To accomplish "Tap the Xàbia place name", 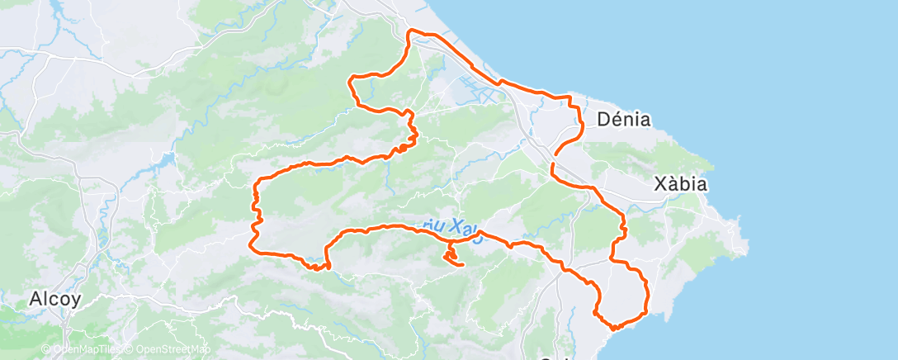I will tap(680, 184).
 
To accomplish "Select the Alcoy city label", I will tap(54, 299).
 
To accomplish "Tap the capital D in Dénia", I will tap(601, 120).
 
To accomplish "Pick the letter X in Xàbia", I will tap(659, 184).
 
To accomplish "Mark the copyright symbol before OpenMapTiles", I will tap(46, 349).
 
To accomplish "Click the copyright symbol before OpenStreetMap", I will tap(130, 349).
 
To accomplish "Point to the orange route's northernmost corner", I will tap(410, 31).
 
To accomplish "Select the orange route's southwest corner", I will tap(253, 248).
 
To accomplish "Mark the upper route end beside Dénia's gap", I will tap(556, 153).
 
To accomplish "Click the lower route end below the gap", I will tap(551, 166).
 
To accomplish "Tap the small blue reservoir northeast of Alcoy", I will tap(170, 158).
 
